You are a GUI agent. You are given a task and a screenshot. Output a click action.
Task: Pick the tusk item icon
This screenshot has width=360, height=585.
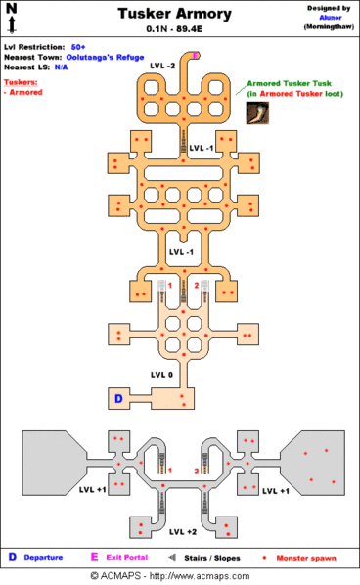click(258, 112)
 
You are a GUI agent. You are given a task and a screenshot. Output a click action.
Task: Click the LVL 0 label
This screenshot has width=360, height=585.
click(162, 374)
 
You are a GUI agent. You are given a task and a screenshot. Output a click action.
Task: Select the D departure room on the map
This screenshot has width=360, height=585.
click(118, 399)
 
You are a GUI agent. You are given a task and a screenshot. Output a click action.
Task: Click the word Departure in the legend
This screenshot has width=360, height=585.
click(42, 557)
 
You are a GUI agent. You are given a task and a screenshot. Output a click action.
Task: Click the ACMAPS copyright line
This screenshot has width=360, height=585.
click(179, 576)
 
